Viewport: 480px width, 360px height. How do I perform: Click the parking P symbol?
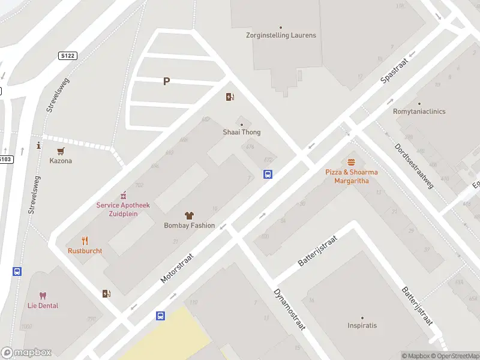(x=166, y=82)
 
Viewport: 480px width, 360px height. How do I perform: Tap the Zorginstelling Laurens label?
(x=281, y=35)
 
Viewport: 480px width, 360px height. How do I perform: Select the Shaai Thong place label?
(x=242, y=132)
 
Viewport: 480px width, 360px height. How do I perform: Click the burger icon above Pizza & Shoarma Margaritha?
(x=352, y=161)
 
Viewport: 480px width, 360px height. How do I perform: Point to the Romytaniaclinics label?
(x=419, y=112)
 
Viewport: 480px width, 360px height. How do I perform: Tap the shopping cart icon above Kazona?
(x=61, y=151)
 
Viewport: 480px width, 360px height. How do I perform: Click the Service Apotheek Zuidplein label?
(x=123, y=209)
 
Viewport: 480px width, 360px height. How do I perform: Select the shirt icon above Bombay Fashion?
(x=189, y=215)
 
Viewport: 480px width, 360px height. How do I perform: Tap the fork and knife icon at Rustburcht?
(x=85, y=241)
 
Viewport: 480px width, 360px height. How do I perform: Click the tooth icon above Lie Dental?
(x=43, y=295)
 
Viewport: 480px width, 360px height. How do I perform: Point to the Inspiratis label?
(x=362, y=326)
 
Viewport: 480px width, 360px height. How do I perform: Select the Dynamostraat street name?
(x=290, y=310)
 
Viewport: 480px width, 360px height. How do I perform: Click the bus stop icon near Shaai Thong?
(x=268, y=175)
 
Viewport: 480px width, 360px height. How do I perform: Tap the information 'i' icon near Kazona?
(x=39, y=145)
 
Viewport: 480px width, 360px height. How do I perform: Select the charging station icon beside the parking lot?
(x=230, y=97)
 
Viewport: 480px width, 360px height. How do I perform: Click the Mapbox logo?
(x=26, y=353)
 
